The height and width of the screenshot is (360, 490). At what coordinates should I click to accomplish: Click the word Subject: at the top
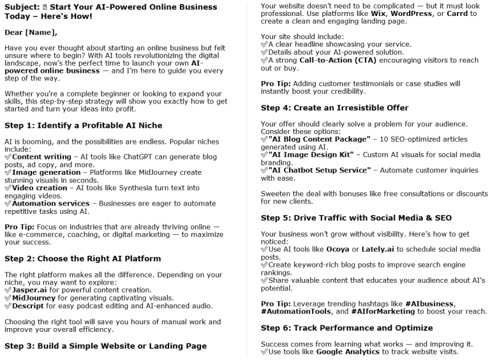[23, 7]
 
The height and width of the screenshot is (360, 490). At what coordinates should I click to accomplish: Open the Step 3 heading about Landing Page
[106, 346]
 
